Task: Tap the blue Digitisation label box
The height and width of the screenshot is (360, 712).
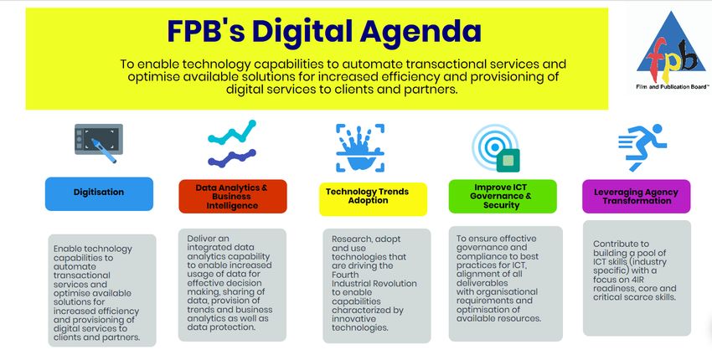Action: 99,194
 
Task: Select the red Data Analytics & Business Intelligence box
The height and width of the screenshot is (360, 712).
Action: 233,197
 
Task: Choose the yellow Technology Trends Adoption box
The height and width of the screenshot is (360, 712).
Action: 373,199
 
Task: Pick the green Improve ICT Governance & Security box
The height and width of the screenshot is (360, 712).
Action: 503,197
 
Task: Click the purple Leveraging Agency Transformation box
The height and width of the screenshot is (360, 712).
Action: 636,197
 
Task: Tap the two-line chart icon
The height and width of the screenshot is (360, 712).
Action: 232,143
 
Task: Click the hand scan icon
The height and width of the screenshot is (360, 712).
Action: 360,148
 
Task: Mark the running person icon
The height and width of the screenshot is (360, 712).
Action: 642,147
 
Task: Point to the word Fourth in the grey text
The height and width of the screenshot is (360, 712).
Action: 345,275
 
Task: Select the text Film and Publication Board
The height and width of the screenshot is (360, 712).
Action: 673,87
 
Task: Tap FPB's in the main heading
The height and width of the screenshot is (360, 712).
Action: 206,31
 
